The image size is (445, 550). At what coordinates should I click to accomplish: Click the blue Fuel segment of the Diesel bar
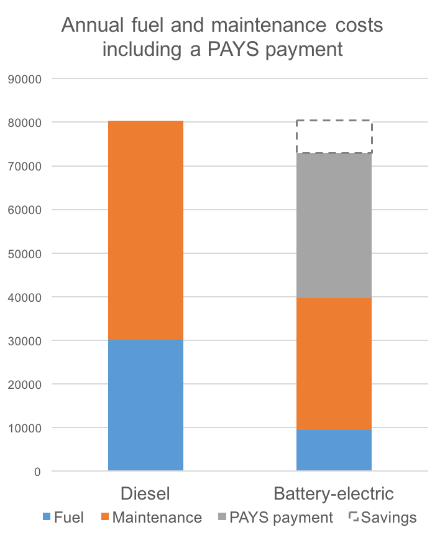pos(145,404)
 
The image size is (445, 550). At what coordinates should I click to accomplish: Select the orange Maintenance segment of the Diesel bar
pos(145,230)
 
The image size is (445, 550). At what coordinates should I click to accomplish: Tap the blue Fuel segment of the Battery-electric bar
pos(334,450)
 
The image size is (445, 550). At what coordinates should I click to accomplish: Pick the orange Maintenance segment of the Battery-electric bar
pos(334,364)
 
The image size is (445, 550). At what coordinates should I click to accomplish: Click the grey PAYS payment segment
pos(334,225)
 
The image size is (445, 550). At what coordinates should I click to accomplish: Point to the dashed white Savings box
pos(334,136)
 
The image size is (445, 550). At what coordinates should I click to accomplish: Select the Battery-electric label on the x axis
pos(334,494)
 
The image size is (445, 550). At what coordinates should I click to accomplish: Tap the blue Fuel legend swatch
pos(47,518)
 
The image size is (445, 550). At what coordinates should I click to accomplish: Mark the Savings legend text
pos(388,518)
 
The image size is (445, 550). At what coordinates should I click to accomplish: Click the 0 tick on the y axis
pos(37,472)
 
